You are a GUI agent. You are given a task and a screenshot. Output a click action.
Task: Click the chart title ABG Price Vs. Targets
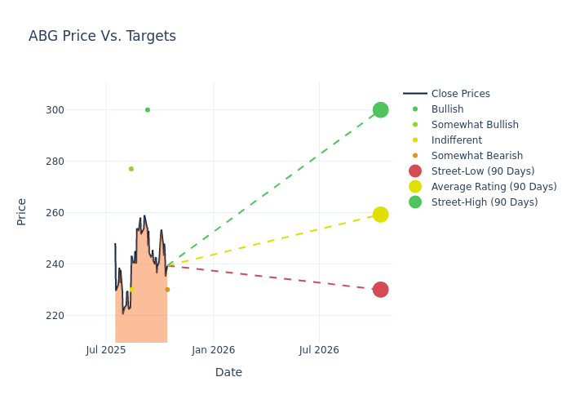[102, 36]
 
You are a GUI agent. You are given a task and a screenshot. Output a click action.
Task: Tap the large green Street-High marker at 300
[380, 109]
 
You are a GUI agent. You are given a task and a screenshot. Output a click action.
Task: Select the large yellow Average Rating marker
[380, 215]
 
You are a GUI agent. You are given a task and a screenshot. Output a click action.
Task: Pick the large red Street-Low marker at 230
[380, 290]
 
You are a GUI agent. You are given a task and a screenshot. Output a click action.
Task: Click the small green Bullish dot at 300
[148, 109]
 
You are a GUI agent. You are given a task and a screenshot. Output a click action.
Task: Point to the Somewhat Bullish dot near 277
[131, 169]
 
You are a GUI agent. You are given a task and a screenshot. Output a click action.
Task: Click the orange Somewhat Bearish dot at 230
[167, 290]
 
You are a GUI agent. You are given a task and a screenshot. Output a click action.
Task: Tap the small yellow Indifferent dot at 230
[131, 290]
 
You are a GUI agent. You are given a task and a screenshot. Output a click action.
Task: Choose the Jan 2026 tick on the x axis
[214, 350]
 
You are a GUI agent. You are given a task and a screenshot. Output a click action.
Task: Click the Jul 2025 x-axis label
[106, 350]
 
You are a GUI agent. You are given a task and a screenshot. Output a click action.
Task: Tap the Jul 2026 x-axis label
[319, 350]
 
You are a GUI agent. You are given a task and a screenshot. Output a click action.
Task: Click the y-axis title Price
[22, 211]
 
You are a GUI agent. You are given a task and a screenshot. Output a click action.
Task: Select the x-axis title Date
[228, 372]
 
